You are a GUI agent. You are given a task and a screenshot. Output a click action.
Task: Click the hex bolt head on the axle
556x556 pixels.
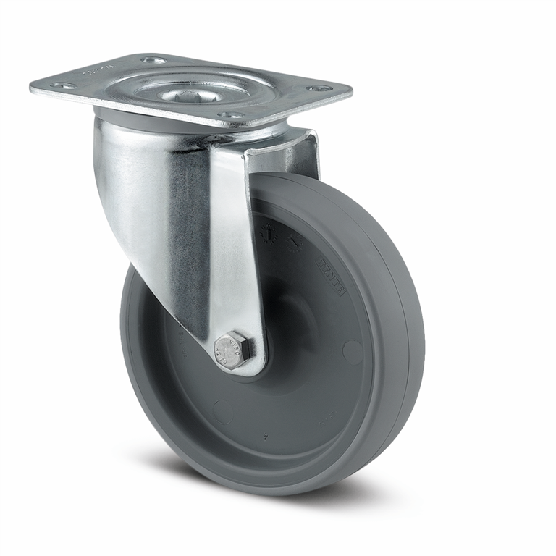233,350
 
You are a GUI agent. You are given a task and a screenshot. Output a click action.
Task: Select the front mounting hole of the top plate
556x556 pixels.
230,115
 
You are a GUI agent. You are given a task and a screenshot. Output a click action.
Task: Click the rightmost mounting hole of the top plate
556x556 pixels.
318,88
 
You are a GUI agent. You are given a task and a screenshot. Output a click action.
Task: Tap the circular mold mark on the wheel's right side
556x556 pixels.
353,352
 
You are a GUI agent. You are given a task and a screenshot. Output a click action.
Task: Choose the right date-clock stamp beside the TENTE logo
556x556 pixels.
295,245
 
